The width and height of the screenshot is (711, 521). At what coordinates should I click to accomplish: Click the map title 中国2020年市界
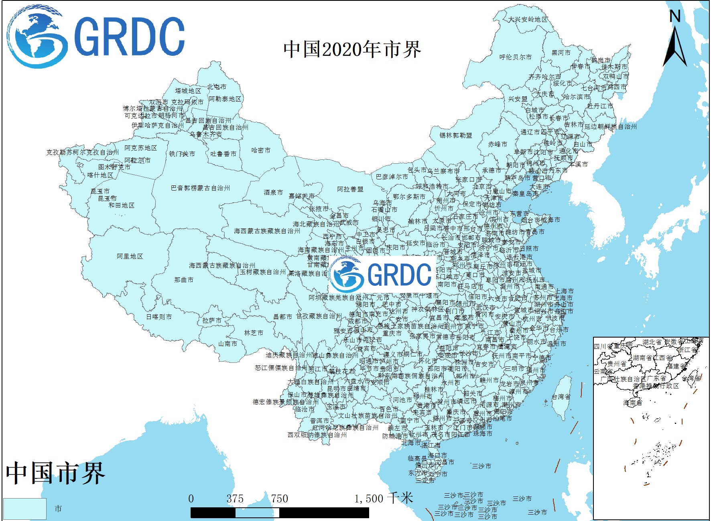point(352,50)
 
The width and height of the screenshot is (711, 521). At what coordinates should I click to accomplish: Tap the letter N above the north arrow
point(675,16)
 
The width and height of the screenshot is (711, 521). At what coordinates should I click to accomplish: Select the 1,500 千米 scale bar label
point(384,499)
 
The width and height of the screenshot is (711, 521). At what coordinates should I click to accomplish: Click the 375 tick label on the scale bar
point(235,499)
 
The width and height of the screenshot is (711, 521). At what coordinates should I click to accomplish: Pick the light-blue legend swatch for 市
point(25,509)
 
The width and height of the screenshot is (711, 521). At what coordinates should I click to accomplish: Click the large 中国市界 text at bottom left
point(55,473)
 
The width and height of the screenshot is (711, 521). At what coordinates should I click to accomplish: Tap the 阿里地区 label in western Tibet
point(130,256)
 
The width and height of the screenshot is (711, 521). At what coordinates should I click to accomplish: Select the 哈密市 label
point(261,150)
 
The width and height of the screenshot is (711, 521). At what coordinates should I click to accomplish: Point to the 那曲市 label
point(184,280)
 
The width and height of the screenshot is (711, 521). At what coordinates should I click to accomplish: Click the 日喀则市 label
point(159,317)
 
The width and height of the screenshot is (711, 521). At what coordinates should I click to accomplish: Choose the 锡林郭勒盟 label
point(456,135)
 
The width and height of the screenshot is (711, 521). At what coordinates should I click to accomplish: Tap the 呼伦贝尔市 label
point(515,57)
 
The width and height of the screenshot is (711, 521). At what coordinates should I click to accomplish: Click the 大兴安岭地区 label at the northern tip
point(528,19)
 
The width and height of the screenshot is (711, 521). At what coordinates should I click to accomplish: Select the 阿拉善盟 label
point(350,189)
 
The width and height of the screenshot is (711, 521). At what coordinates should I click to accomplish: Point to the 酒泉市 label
point(273,192)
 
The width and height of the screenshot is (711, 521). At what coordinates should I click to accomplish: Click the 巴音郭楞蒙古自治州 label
point(200,188)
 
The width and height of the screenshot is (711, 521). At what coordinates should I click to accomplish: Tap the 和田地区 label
point(122,205)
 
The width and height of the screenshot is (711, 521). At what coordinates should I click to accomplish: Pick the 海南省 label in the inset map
point(632,403)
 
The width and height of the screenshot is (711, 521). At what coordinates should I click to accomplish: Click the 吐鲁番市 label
point(223,154)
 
